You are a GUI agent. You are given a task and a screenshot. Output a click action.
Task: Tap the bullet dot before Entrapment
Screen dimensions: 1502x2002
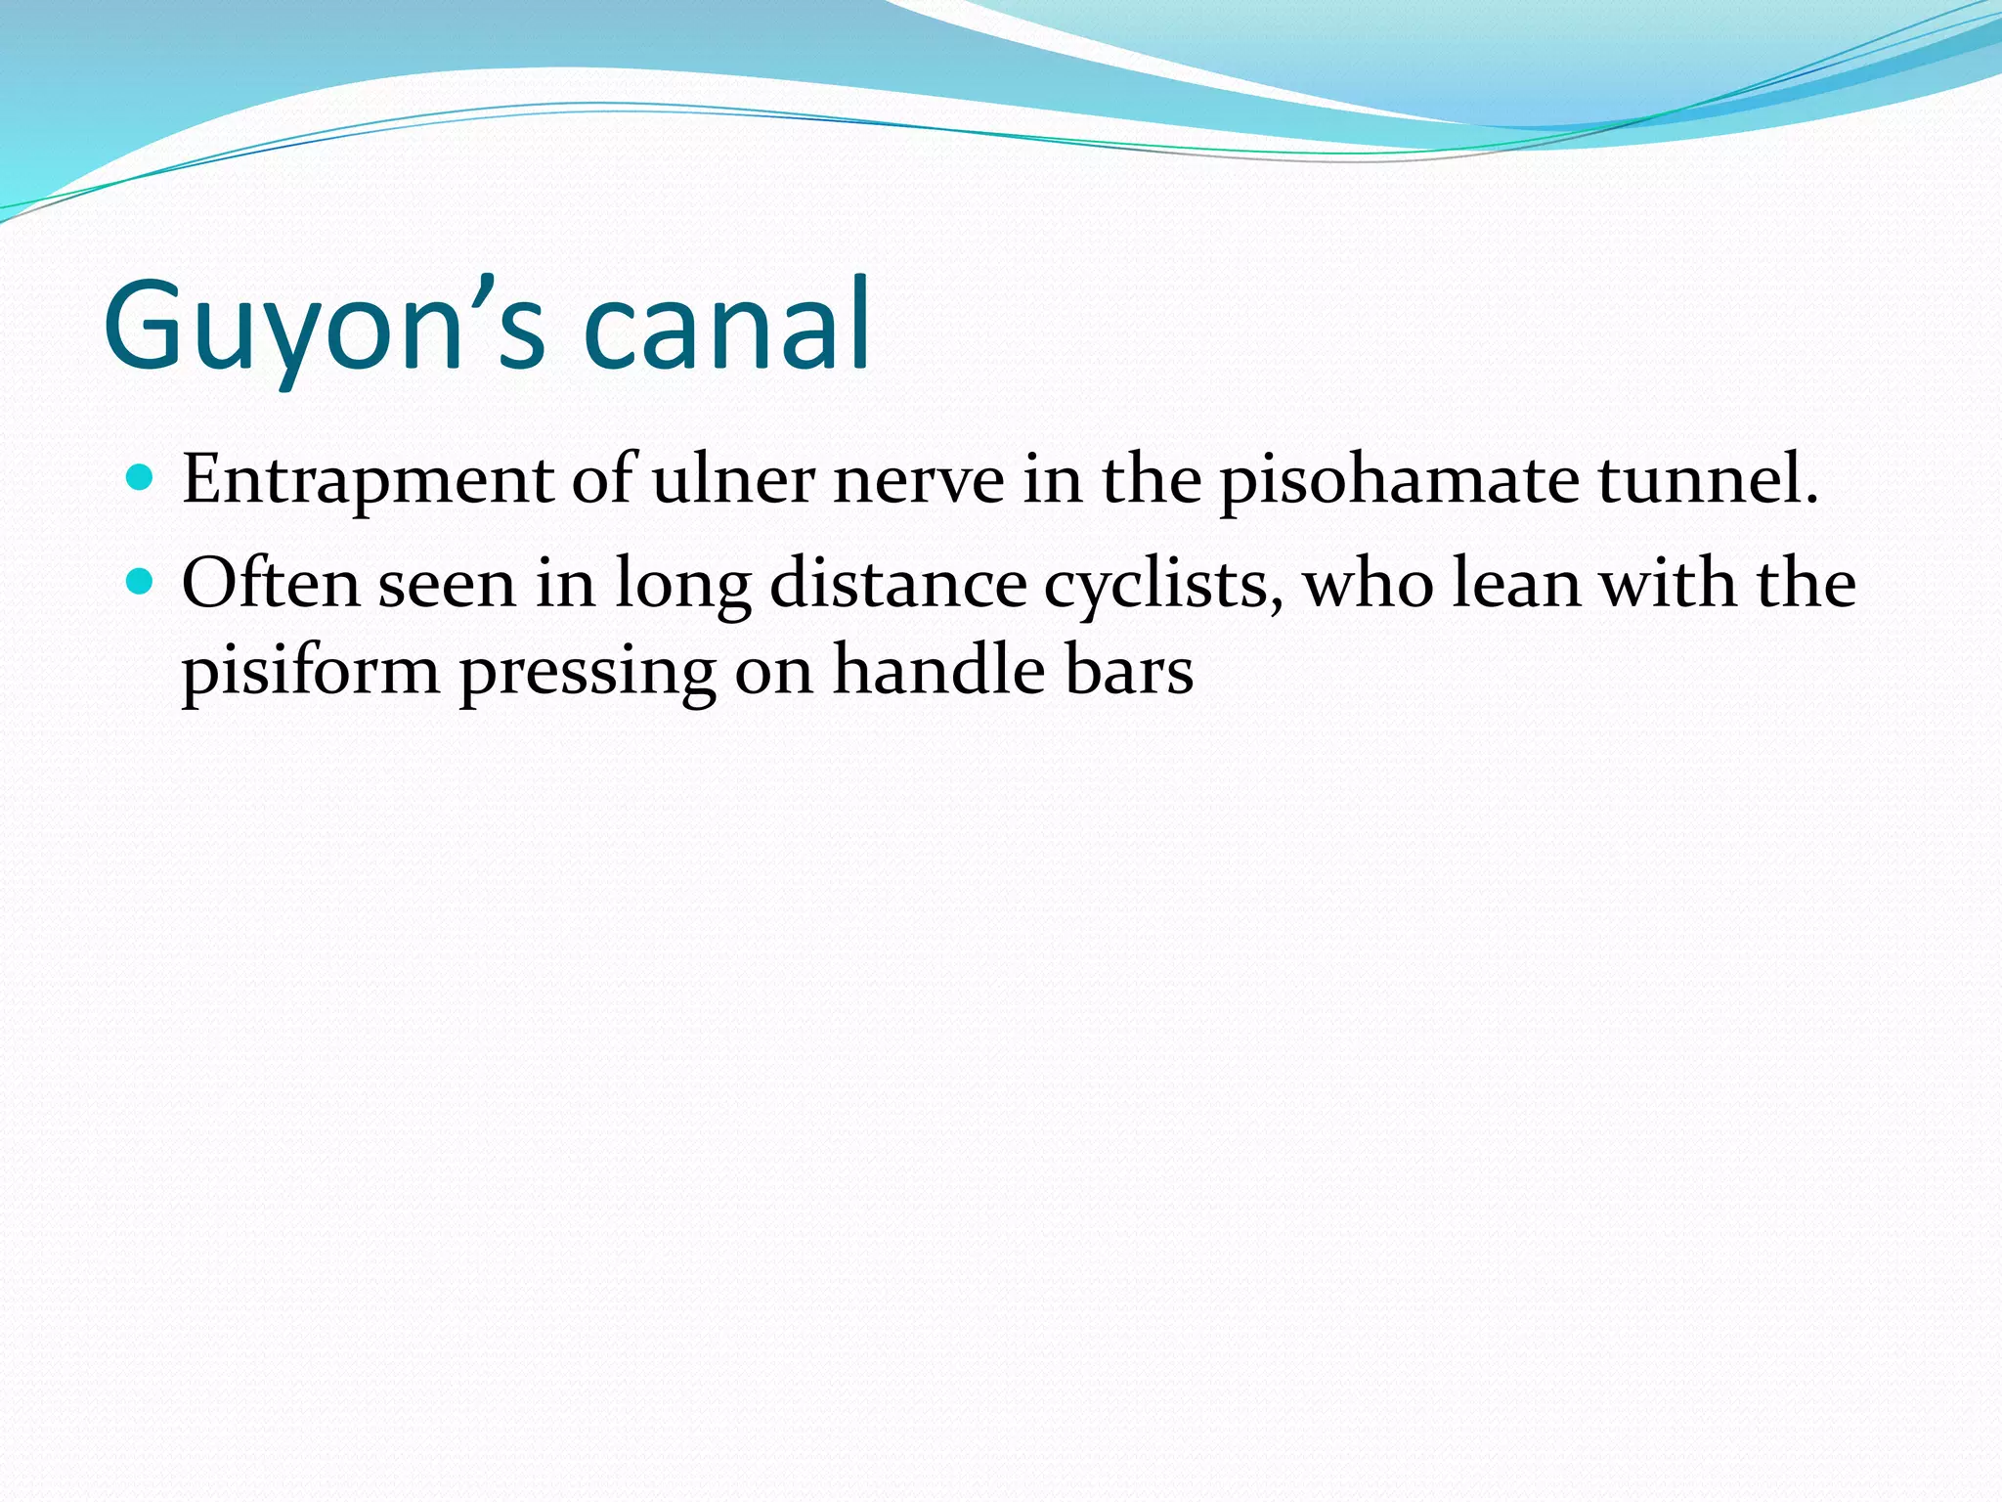click(x=141, y=478)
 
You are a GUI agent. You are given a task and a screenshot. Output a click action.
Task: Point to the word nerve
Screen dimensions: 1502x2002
click(x=918, y=481)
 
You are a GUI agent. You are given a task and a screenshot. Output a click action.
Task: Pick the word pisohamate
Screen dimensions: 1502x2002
click(x=1399, y=481)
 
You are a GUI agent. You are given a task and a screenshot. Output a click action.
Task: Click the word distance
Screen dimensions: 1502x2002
click(x=898, y=584)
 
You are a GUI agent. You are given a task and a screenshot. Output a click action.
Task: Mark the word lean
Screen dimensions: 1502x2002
click(x=1515, y=584)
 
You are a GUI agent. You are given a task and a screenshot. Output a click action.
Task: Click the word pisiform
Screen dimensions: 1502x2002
click(x=311, y=672)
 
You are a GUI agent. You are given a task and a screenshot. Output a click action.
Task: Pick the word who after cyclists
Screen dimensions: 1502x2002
click(x=1368, y=584)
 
